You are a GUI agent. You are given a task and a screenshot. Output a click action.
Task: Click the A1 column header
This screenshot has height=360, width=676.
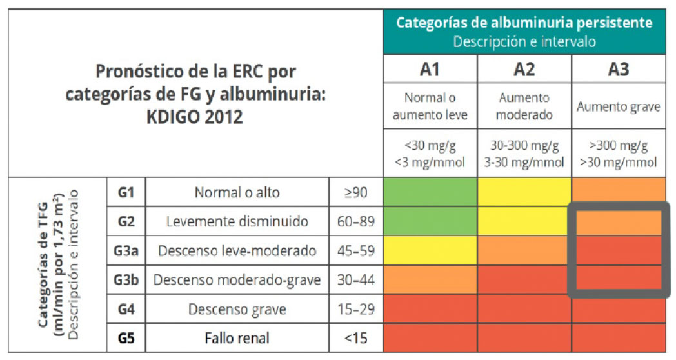[x=430, y=69]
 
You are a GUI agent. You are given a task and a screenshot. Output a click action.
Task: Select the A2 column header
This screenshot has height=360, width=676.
[x=524, y=69]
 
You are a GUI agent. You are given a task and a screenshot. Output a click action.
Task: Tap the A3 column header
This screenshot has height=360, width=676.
[x=618, y=69]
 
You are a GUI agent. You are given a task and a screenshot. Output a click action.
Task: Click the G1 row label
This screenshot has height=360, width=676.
[x=126, y=192]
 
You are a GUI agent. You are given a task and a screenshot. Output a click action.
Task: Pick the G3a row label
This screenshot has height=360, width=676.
[x=126, y=250]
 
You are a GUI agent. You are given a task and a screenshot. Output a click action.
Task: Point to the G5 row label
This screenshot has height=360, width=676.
[x=126, y=338]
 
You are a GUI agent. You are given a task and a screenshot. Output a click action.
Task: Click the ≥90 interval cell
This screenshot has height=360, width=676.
[x=355, y=192]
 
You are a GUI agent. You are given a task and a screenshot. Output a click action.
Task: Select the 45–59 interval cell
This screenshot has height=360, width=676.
[x=355, y=250]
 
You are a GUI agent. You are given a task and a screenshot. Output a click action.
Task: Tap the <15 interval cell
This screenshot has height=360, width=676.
[x=355, y=338]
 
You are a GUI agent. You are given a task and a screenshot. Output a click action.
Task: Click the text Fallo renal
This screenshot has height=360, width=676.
[x=237, y=338]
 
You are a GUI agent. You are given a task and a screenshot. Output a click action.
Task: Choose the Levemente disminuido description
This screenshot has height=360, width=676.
[x=237, y=221]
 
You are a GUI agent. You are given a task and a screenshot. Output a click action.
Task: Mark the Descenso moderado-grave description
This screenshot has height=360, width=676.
[x=237, y=280]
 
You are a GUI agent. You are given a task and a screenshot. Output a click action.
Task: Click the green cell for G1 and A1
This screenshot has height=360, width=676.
[x=430, y=192]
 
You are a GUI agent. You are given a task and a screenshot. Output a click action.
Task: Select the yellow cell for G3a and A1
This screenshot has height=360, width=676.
[x=430, y=250]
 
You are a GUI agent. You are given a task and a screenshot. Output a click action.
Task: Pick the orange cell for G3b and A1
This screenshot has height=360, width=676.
[x=430, y=279]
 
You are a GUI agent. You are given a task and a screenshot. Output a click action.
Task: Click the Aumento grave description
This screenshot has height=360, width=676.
[x=618, y=106]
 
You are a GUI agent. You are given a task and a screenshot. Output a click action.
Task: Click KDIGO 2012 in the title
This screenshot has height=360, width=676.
[x=195, y=117]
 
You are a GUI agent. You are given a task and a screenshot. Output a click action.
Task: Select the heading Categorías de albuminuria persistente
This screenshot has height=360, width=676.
[x=524, y=23]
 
